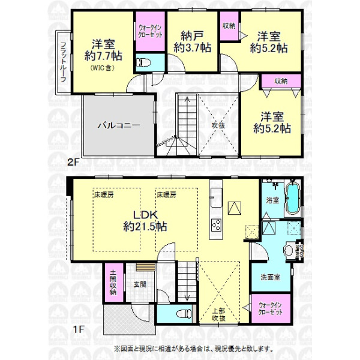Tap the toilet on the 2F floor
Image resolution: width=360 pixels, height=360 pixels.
(143, 62)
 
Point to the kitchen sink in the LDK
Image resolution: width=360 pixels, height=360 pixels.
(216, 197)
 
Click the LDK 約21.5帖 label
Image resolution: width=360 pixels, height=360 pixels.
(145, 221)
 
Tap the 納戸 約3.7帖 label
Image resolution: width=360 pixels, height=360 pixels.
(193, 41)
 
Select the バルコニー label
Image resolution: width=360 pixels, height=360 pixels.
(119, 125)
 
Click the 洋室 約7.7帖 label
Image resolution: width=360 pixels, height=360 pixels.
(103, 50)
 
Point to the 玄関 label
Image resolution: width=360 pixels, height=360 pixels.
(140, 284)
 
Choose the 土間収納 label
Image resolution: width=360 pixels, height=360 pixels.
(113, 283)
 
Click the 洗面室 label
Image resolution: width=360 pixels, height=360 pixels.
(270, 277)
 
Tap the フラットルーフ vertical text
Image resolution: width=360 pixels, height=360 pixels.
(64, 62)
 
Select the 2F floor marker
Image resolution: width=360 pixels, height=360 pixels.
(73, 163)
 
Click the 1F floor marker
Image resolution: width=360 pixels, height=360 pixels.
(79, 329)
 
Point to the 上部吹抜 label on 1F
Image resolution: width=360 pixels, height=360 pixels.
(218, 314)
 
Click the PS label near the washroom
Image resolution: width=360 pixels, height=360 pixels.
(299, 248)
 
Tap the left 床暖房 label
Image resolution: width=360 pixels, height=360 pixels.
(104, 195)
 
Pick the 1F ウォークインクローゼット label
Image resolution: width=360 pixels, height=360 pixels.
(270, 308)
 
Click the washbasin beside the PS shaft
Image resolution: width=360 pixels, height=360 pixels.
(289, 250)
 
